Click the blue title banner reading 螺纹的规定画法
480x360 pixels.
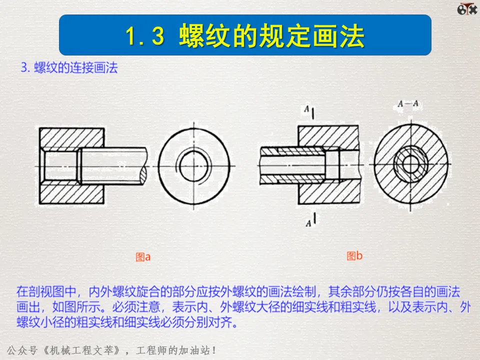245,35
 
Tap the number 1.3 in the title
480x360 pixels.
145,36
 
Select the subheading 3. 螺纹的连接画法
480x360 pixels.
69,68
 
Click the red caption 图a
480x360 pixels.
143,257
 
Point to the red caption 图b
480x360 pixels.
354,256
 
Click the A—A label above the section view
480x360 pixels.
408,104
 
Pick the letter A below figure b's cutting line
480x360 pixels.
308,223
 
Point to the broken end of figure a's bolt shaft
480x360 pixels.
144,165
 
